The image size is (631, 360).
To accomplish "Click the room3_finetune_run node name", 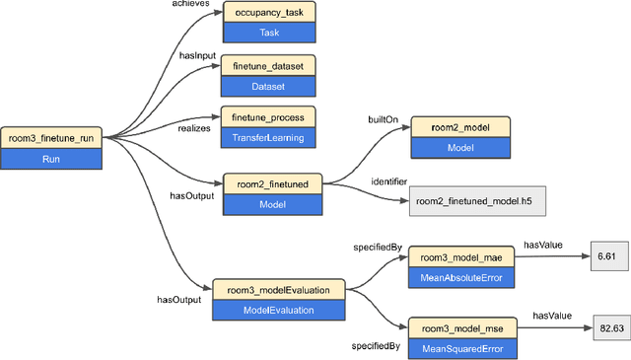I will pos(51,137).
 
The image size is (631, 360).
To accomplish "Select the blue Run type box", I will pos(51,157).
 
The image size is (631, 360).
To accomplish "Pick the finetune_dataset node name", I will pos(268,65).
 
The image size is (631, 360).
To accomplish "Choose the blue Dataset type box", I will pos(268,86).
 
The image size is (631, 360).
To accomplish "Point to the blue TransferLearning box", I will pos(268,137).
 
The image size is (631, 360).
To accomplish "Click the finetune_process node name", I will pos(268,117).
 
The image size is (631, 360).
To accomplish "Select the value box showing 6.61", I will pos(605,256).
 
